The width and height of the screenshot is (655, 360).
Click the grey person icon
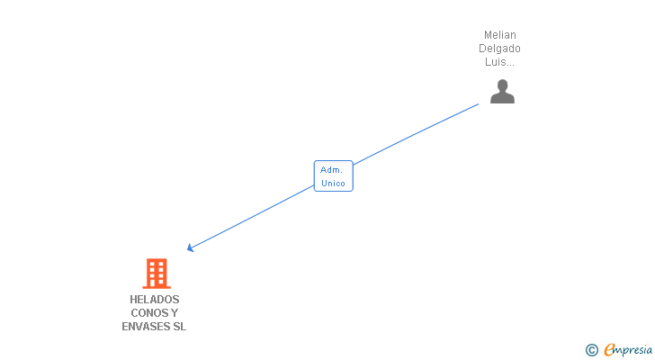pos(502,92)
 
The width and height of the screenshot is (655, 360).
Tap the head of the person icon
pos(502,85)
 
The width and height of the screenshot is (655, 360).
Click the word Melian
pos(501,35)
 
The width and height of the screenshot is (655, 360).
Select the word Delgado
pos(501,49)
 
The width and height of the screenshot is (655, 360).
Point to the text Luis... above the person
pos(501,62)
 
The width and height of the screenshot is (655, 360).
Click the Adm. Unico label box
pos(333,175)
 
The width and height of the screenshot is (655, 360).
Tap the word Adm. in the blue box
pos(331,169)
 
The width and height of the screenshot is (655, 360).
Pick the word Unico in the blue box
pos(333,183)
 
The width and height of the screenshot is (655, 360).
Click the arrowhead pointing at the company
pos(190,248)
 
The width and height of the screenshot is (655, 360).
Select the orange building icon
pos(156,273)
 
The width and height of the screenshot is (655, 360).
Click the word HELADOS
pos(154,300)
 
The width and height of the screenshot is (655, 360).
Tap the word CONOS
pos(148,313)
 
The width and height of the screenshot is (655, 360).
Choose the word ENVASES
pos(145,327)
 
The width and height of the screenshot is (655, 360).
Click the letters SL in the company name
pos(179,327)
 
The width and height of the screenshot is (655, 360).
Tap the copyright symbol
pos(591,350)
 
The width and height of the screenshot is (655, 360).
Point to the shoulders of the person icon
pos(502,98)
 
